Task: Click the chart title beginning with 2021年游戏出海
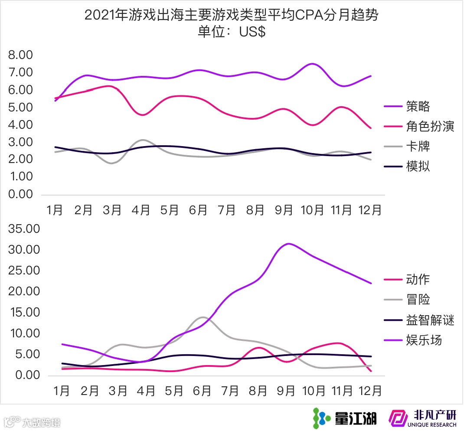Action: (x=232, y=16)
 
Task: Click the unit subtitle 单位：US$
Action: (x=232, y=33)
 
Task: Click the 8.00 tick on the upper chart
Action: (x=21, y=55)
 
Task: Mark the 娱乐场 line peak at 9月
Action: (x=288, y=244)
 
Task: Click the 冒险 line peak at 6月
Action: (x=202, y=317)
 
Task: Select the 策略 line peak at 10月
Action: (x=312, y=64)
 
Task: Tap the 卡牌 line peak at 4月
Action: (x=142, y=140)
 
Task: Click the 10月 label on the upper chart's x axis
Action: (x=312, y=210)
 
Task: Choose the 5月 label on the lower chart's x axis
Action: (x=173, y=391)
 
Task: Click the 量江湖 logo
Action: (x=345, y=418)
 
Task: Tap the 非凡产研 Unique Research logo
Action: (x=422, y=418)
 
